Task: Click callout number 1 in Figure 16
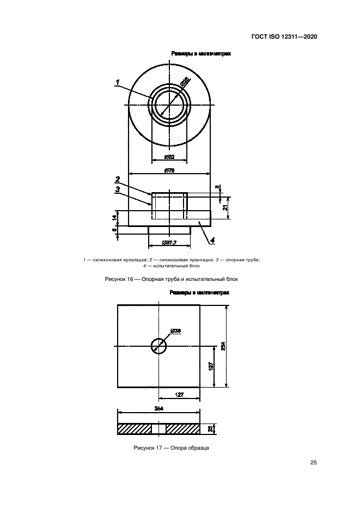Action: point(117,82)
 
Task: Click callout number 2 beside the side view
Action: point(117,179)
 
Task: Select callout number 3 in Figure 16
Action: point(117,189)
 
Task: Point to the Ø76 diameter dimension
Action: point(169,171)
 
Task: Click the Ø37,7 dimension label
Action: point(169,243)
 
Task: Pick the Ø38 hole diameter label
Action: point(175,331)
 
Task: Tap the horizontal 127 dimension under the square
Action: point(179,394)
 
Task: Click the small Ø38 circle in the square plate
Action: point(158,346)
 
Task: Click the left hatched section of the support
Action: point(134,429)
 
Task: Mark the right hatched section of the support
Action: point(183,429)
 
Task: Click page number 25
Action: point(313,463)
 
